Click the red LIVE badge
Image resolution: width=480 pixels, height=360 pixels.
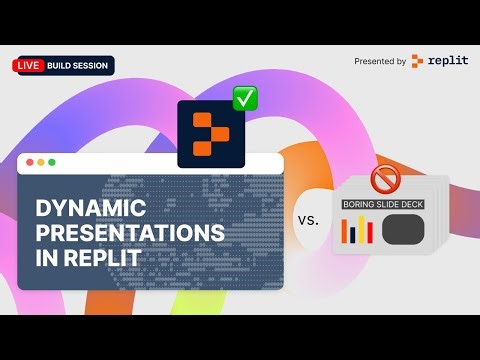coord(27,65)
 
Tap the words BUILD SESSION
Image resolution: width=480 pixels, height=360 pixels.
coord(78,65)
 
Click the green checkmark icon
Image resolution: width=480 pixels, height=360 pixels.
coord(245,98)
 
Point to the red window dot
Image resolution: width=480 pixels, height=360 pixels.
coord(30,162)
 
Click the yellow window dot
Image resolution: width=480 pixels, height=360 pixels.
coord(41,162)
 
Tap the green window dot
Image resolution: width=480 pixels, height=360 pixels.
coord(52,162)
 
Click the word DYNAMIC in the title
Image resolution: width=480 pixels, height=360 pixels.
coord(92,209)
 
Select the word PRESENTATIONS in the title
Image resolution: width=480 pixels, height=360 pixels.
coord(130,232)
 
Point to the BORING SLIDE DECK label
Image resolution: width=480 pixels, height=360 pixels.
coord(385,205)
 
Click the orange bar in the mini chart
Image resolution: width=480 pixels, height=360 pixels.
coord(346,233)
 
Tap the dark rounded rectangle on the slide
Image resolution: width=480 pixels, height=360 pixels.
coord(404,230)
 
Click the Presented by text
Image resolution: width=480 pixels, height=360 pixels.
coord(379,61)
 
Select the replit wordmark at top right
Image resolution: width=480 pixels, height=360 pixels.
coord(446,61)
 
